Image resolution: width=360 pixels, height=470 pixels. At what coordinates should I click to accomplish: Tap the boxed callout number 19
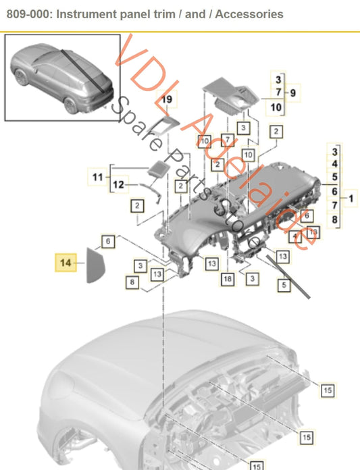click(168, 100)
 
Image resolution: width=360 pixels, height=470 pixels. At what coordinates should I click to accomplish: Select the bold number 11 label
click(98, 178)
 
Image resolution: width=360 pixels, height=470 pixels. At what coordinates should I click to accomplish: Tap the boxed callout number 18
click(228, 278)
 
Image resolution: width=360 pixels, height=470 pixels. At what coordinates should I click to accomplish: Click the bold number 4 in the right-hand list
click(334, 163)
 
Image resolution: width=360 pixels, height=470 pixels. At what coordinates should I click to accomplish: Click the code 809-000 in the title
click(26, 14)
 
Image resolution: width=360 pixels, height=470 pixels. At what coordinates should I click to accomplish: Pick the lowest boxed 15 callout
click(257, 465)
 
